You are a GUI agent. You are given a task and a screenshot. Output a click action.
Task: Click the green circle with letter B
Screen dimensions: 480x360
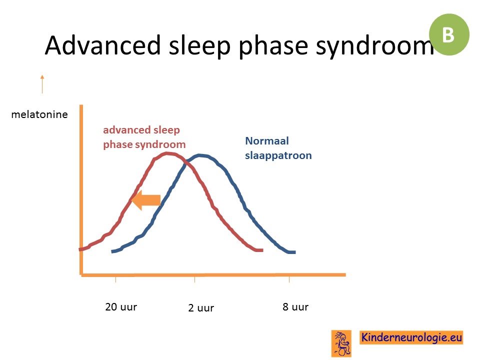tap(449, 34)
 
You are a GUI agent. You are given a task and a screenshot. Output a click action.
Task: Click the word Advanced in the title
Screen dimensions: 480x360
tap(102, 45)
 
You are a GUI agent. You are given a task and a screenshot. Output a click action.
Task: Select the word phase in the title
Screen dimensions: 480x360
tap(273, 46)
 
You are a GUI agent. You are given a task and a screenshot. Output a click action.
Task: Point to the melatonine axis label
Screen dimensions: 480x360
tap(39, 114)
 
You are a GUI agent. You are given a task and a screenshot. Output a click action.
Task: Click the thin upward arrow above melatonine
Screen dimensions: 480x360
tap(42, 84)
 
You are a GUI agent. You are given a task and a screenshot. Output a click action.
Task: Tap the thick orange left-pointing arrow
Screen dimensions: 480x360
tap(146, 200)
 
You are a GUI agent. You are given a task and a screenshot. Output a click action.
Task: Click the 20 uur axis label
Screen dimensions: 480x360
tap(121, 306)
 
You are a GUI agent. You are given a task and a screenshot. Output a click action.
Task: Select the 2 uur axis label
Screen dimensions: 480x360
tap(201, 307)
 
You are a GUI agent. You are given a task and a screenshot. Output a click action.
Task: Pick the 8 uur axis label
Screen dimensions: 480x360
tap(295, 306)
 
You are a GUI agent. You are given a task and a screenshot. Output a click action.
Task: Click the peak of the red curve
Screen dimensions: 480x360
tap(167, 153)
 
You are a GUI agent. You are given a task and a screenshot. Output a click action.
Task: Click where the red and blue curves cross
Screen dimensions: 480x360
tap(185, 162)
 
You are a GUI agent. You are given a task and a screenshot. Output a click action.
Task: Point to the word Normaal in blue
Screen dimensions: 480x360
tap(267, 141)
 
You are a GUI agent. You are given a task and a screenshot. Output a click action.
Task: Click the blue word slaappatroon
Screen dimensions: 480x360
tap(278, 155)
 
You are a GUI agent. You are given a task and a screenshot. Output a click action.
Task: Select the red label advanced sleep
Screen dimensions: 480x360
tap(141, 130)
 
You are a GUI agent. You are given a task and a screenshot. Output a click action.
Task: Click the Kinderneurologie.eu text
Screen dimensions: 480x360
tap(411, 337)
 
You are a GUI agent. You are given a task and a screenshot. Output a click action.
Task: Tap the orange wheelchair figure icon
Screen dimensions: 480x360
tap(341, 343)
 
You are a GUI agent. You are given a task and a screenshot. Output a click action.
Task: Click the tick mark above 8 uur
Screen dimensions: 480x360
tap(289, 279)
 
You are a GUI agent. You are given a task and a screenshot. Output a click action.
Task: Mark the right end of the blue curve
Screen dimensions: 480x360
tap(295, 252)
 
